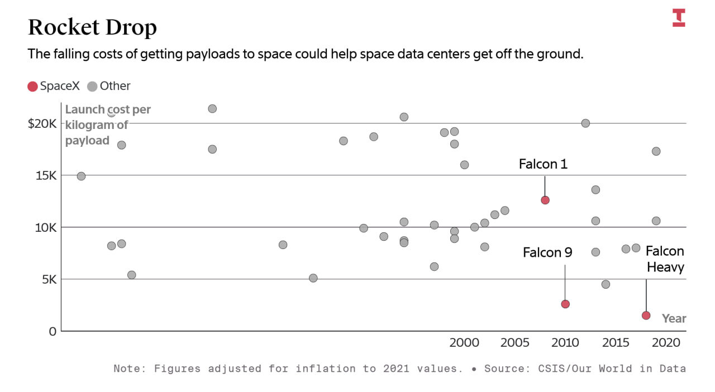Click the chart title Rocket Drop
point(92,27)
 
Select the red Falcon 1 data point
point(545,200)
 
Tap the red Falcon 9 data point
point(565,304)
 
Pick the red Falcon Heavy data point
point(646,315)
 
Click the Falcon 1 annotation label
point(543,164)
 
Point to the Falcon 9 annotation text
point(547,252)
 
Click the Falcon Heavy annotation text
point(665,259)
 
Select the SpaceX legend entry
point(54,86)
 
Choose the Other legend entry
point(109,86)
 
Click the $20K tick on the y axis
point(42,123)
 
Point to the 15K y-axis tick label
point(46,175)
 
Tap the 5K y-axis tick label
point(49,279)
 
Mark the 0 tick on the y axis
point(53,331)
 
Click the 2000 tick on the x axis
point(464,343)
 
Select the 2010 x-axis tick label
point(565,343)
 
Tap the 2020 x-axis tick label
point(666,343)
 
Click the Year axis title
point(674,318)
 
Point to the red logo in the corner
point(679,17)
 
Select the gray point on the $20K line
point(585,123)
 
